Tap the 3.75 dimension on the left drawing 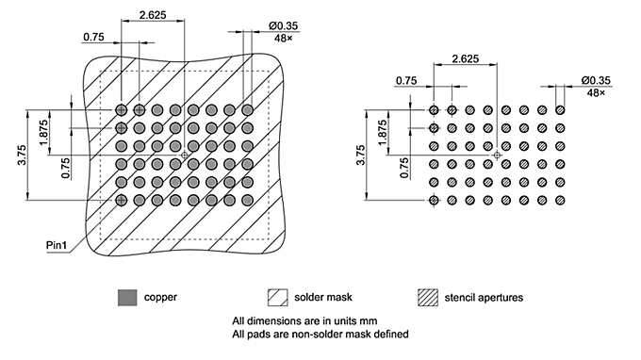point(22,155)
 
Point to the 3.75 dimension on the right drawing point(362,155)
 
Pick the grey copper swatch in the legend point(126,297)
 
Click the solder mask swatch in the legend point(279,297)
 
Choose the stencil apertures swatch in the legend point(428,297)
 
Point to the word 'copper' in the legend point(160,298)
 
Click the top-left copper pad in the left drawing point(122,110)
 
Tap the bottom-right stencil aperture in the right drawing point(560,200)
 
